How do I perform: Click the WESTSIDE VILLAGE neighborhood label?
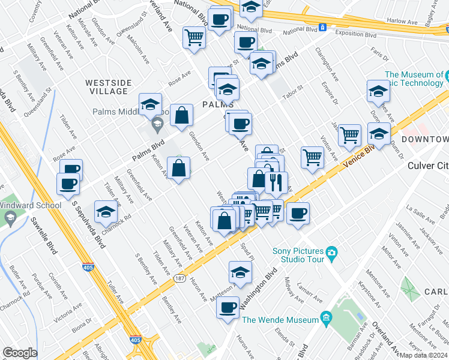(106, 86)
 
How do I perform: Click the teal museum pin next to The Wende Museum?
(326, 316)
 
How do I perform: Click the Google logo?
(19, 353)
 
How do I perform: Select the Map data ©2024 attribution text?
(423, 355)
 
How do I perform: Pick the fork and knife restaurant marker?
(276, 183)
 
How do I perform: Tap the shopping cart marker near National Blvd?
(194, 37)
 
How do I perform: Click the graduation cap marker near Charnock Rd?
(106, 211)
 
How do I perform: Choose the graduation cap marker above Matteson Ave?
(240, 272)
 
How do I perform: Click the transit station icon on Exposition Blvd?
(323, 27)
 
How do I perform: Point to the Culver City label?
(427, 166)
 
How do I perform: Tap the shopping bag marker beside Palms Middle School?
(181, 116)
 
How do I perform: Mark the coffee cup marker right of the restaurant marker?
(298, 214)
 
